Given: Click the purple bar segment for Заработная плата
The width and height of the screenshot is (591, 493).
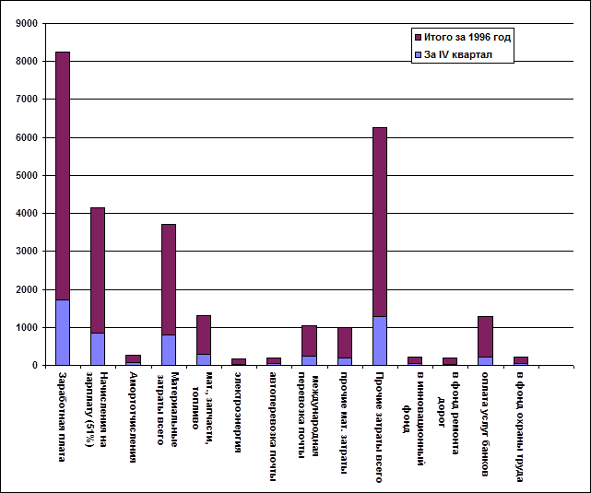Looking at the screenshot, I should [63, 175].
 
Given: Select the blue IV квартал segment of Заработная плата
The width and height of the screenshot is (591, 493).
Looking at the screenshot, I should [63, 332].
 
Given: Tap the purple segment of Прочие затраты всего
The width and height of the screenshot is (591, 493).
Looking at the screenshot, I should [380, 221].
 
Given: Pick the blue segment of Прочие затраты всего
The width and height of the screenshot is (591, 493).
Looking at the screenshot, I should [380, 340].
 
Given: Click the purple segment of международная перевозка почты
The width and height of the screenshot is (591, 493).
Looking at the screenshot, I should [309, 340].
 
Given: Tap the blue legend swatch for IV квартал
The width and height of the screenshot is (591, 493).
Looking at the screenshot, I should [419, 54].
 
